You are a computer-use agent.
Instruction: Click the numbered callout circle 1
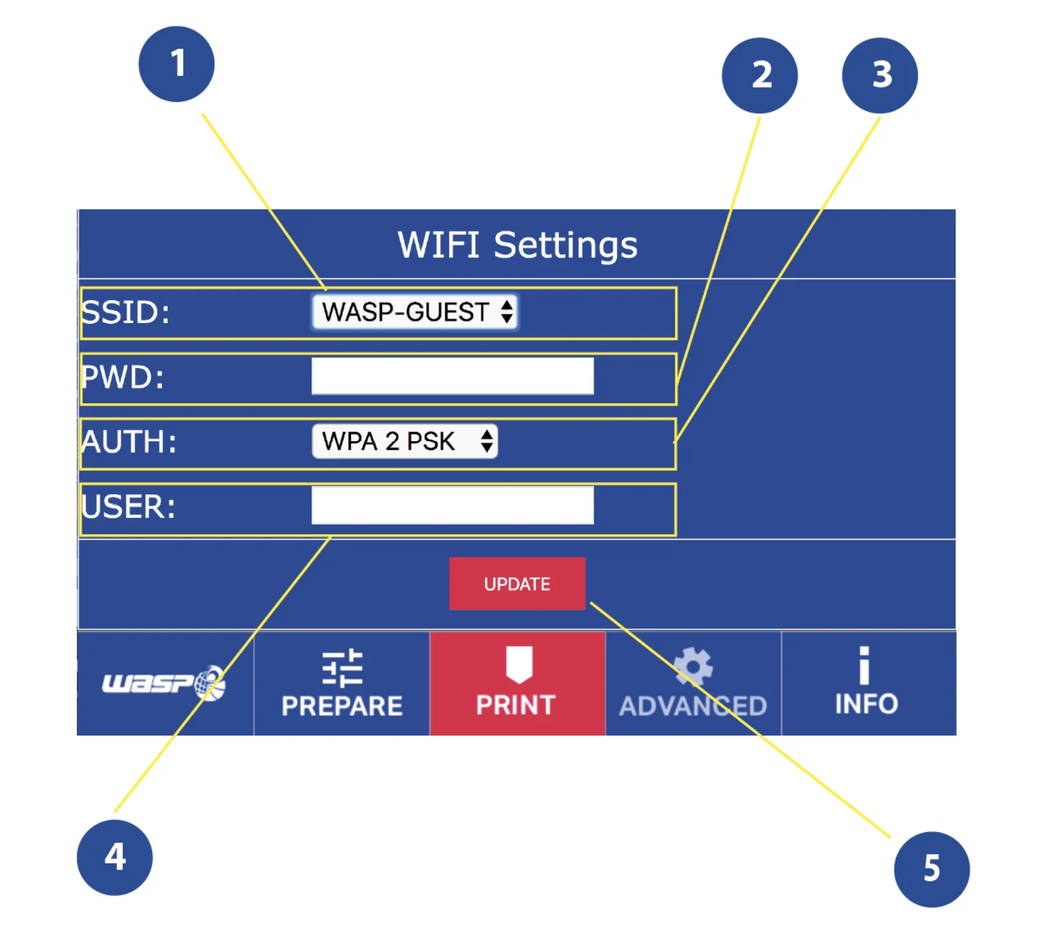click(176, 64)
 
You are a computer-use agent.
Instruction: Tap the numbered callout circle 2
click(759, 75)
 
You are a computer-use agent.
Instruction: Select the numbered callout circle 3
click(879, 75)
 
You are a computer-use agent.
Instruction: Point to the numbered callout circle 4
click(115, 857)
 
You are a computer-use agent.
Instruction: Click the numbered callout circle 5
click(931, 869)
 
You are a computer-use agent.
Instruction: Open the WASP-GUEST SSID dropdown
click(415, 312)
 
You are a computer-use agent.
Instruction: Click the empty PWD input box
click(452, 376)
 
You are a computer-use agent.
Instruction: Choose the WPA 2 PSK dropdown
click(405, 441)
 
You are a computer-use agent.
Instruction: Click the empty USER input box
click(452, 505)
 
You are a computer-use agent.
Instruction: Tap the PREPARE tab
click(342, 684)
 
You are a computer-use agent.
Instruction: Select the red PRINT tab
click(517, 684)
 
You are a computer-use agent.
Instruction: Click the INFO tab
click(866, 684)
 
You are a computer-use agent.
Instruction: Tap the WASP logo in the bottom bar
click(165, 683)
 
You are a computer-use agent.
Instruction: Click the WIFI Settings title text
click(517, 245)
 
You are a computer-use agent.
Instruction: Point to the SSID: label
click(126, 313)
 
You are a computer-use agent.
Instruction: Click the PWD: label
click(123, 377)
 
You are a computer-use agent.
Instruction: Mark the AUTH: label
click(129, 443)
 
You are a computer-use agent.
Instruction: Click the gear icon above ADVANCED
click(693, 666)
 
